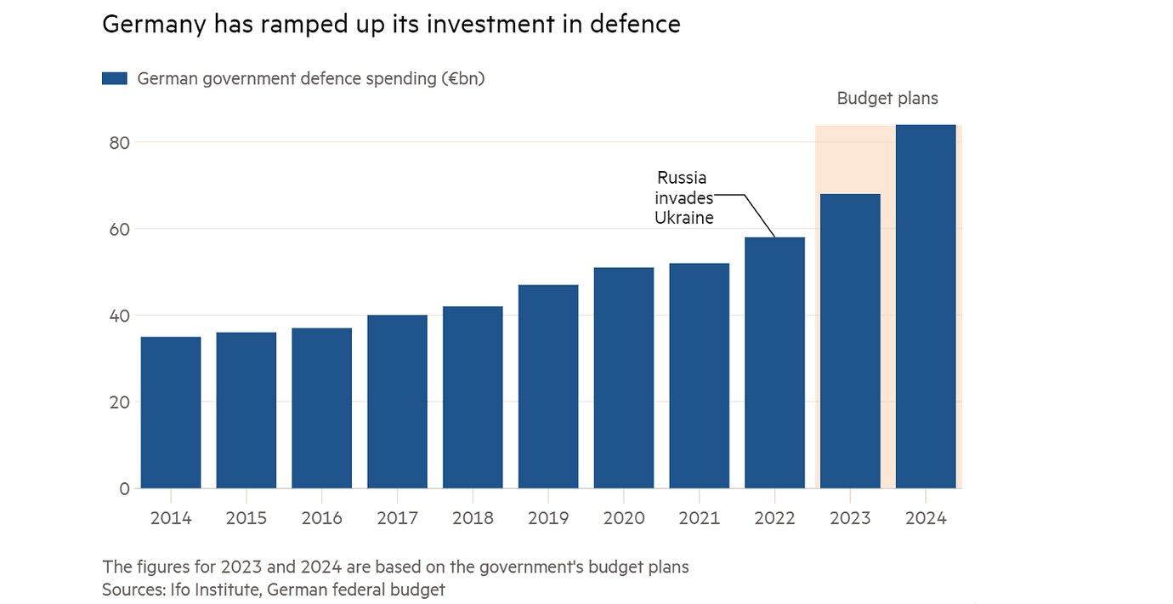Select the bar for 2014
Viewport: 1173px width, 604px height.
[171, 413]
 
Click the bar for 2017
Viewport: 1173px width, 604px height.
[397, 402]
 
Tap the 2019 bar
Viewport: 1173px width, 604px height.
[548, 386]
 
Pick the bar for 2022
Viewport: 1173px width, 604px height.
[774, 362]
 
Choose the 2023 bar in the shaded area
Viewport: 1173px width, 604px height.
[850, 341]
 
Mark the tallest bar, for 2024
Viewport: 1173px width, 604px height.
[926, 306]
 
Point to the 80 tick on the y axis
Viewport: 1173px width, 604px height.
[119, 142]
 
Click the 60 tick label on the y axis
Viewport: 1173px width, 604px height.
[119, 229]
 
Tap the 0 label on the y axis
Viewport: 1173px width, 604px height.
[124, 488]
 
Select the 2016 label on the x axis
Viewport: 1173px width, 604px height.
[321, 518]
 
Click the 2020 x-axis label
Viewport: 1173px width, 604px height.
[624, 518]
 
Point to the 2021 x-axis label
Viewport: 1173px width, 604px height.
[700, 518]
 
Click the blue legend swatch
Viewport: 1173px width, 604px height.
[114, 78]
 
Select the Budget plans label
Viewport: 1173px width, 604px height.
[887, 99]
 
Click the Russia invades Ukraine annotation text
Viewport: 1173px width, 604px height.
[683, 197]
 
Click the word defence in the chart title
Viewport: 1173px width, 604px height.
[637, 24]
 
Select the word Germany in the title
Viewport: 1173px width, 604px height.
[153, 24]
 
